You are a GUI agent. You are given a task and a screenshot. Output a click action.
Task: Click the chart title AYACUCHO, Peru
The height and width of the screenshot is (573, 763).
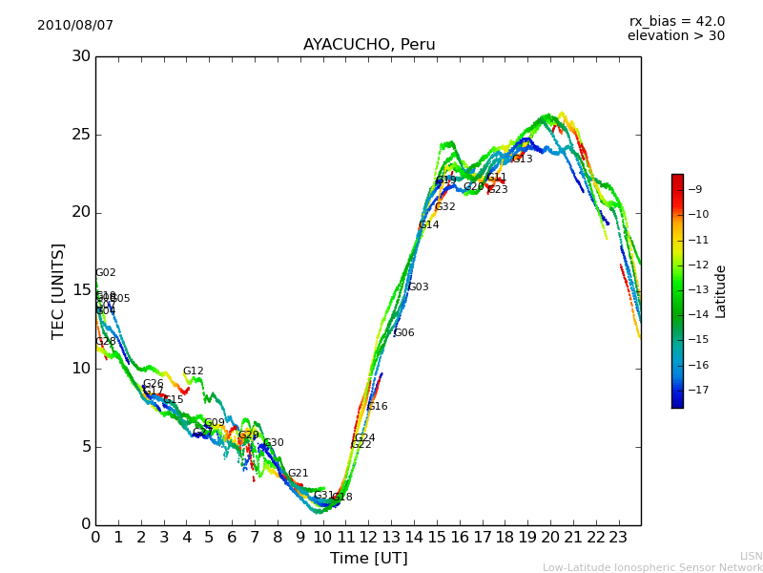click(x=369, y=45)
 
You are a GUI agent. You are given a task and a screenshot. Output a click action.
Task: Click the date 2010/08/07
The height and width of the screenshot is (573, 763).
click(x=75, y=25)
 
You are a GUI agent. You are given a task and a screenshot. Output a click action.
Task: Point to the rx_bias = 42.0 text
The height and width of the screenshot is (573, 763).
click(x=676, y=21)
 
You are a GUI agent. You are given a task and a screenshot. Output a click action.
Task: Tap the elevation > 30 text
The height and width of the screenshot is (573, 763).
click(x=675, y=36)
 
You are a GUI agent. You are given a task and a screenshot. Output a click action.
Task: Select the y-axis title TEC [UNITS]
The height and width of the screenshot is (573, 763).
click(x=58, y=290)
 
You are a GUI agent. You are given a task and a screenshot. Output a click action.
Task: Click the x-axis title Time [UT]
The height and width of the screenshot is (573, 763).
click(x=368, y=558)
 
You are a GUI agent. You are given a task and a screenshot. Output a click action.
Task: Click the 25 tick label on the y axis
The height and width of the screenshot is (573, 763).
click(x=81, y=134)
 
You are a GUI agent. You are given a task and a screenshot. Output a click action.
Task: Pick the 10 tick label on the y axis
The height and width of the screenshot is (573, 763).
click(x=81, y=368)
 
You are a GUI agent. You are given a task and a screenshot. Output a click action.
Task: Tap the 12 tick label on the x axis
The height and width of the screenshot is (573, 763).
click(x=368, y=537)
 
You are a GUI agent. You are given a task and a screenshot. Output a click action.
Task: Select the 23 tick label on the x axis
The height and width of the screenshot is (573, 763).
click(x=618, y=537)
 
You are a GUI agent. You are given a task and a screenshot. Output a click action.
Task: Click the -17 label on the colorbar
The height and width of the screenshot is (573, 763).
click(x=696, y=390)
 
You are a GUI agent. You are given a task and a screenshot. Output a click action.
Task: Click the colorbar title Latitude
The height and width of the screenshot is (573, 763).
click(x=721, y=290)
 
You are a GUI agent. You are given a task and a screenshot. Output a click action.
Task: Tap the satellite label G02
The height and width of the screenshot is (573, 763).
click(x=105, y=273)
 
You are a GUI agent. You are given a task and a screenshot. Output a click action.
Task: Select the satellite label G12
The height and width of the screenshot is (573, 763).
click(x=194, y=371)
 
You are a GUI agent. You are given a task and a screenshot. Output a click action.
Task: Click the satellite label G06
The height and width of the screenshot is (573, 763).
click(x=404, y=333)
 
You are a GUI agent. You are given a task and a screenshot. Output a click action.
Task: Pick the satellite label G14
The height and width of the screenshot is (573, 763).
click(x=429, y=225)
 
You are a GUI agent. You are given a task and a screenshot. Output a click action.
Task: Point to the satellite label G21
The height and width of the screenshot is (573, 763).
click(x=299, y=474)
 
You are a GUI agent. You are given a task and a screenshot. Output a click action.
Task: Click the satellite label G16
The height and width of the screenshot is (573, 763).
click(x=378, y=407)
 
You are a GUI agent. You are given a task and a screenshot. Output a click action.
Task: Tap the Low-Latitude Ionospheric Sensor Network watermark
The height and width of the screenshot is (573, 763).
click(x=652, y=567)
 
